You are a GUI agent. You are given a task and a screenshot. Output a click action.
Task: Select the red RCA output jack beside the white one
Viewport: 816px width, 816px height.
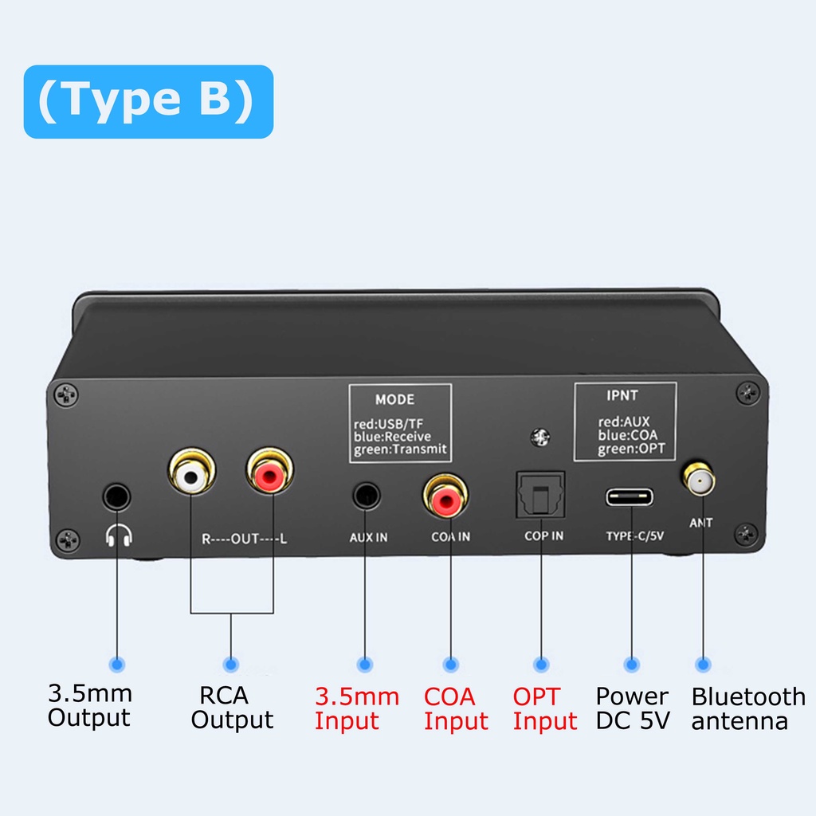coord(269,477)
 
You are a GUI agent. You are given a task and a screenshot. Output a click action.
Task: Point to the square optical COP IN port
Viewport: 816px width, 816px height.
coord(541,493)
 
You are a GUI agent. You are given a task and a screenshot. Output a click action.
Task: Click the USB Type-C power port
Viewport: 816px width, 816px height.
coord(630,497)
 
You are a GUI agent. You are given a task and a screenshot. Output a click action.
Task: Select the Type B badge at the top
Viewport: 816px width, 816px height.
coord(148,101)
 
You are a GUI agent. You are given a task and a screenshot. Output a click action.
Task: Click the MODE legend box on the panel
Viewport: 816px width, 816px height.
coord(400,423)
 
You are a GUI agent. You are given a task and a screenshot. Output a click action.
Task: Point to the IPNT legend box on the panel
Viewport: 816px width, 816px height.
coord(625,422)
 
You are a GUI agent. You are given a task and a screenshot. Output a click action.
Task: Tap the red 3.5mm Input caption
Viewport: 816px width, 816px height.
coord(356,708)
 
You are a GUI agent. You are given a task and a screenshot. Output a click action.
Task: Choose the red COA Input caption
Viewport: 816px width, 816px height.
coord(455,708)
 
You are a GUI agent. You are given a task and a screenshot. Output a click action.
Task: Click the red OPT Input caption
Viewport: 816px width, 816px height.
coord(544,708)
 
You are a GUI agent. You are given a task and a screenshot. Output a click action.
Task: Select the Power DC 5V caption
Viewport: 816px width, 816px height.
coord(633,708)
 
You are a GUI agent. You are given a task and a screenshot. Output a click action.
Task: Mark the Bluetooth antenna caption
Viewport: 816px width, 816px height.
coord(747,708)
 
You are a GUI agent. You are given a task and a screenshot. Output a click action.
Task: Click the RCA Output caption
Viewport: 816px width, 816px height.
coord(231,707)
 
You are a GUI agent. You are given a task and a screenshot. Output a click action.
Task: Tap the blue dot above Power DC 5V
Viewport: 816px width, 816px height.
coord(632,663)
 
